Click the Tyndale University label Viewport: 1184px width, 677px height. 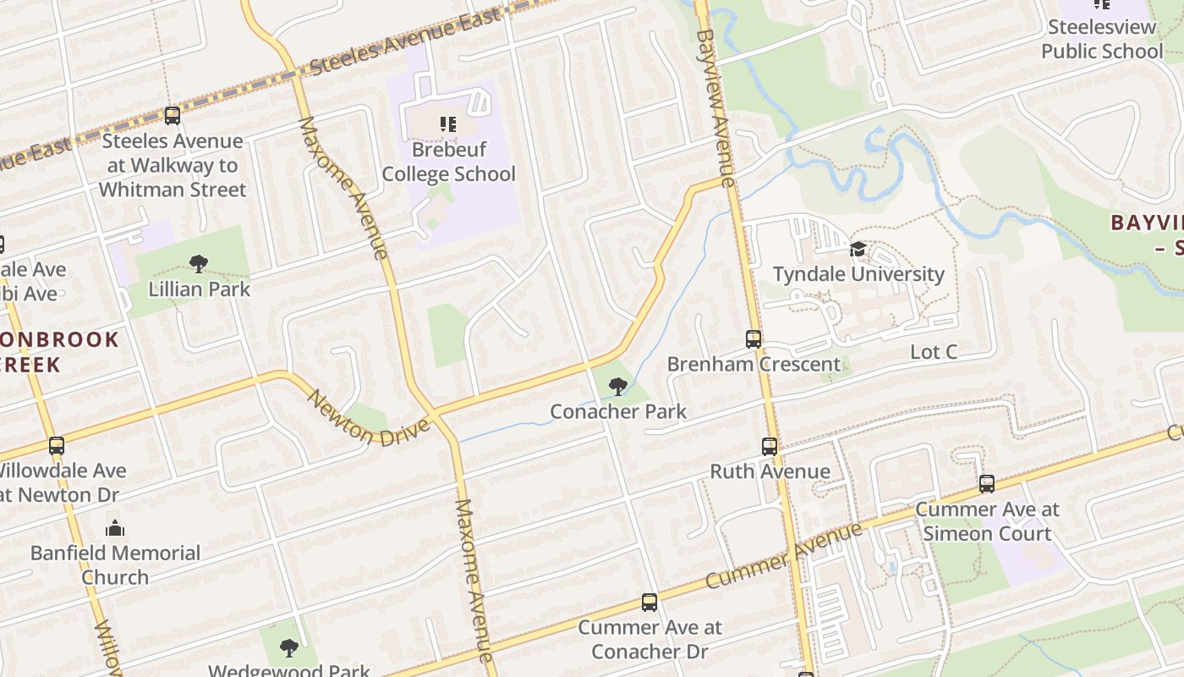[x=858, y=273]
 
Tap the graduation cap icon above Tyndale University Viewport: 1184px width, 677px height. [x=858, y=250]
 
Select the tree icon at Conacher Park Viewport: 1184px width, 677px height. [x=618, y=387]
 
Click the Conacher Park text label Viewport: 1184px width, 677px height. [x=618, y=411]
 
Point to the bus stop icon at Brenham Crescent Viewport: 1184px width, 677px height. [x=754, y=339]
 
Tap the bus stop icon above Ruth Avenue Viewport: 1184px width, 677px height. [x=769, y=446]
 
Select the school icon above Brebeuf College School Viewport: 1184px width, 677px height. [x=448, y=125]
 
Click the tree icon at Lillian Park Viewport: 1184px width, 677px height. [x=199, y=264]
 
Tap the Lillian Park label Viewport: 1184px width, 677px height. [x=200, y=289]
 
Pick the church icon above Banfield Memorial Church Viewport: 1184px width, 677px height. [x=115, y=529]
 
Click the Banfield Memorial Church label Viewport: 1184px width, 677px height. [x=115, y=564]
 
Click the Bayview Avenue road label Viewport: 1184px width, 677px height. [x=716, y=102]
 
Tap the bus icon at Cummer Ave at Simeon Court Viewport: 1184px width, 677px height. [x=987, y=484]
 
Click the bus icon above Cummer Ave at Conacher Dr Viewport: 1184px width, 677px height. [x=649, y=603]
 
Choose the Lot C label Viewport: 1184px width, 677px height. [x=934, y=352]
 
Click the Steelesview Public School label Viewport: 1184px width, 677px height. [x=1101, y=39]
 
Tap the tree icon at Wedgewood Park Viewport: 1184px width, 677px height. [x=289, y=648]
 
